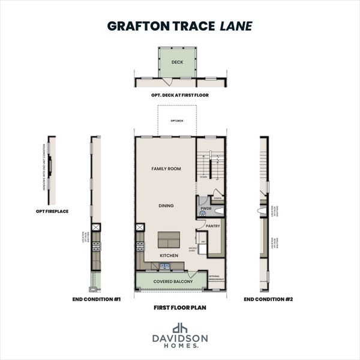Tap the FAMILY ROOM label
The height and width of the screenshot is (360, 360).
click(x=166, y=169)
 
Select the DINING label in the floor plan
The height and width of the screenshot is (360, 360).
click(x=166, y=206)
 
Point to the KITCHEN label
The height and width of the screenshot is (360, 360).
click(x=169, y=256)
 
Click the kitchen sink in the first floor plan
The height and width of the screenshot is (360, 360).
click(x=169, y=265)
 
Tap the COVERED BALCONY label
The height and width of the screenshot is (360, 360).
click(x=173, y=281)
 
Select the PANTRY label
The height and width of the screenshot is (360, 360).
click(x=213, y=226)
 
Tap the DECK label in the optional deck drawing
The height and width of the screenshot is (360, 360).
click(x=177, y=62)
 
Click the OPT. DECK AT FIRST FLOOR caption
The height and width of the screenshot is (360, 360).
click(x=180, y=95)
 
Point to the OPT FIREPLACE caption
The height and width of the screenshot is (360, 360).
click(x=52, y=211)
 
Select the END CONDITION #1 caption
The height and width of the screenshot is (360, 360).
click(x=97, y=298)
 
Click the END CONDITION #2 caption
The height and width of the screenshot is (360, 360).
click(x=264, y=298)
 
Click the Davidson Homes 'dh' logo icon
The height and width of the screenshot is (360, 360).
click(x=180, y=328)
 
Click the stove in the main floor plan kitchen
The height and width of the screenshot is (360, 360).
click(x=140, y=245)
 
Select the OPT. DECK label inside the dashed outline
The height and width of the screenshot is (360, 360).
click(x=176, y=121)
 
